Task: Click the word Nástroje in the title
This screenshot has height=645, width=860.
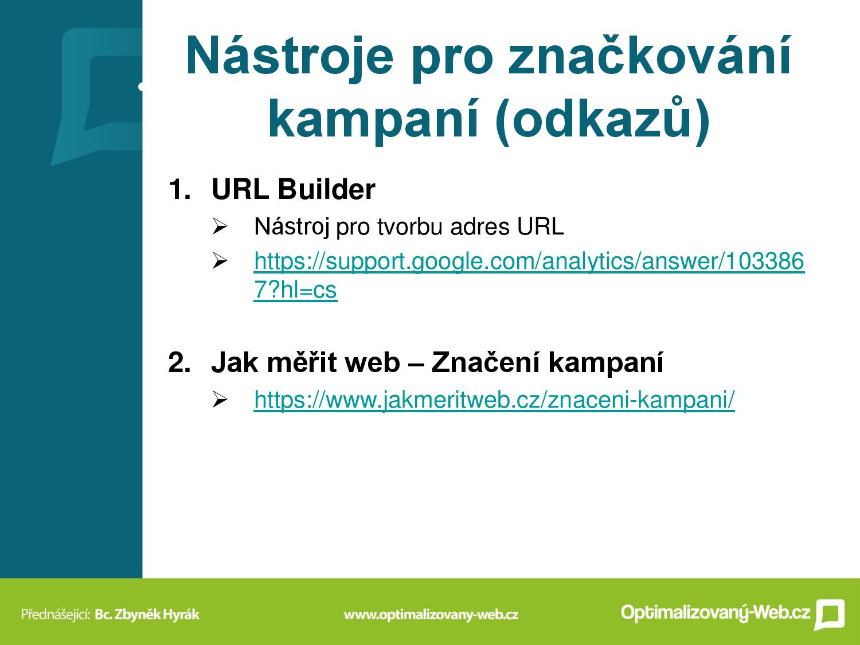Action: pos(290,56)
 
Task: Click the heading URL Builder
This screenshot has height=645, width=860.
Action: pos(293,189)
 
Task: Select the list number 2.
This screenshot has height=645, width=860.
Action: pos(179,362)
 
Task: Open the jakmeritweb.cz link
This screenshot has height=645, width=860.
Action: pos(494,400)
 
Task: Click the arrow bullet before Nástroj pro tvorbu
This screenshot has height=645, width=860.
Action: pos(220,226)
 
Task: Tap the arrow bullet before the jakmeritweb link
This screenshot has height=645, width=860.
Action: pos(220,400)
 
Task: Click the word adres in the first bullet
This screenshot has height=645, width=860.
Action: pos(480,226)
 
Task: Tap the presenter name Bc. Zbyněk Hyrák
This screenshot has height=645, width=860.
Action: pos(147,615)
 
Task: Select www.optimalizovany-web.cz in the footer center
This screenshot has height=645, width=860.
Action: pos(431,615)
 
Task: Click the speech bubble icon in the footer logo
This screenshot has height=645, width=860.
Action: pos(829,615)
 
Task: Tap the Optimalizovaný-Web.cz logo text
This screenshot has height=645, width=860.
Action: pos(716,612)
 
